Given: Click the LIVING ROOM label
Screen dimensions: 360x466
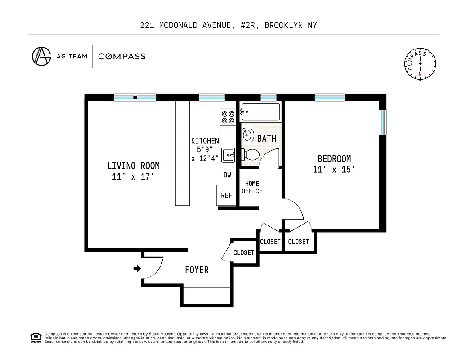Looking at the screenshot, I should tap(133, 166).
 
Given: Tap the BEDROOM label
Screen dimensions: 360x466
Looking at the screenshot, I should tap(334, 159).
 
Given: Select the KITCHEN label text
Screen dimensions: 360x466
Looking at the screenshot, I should tap(205, 141).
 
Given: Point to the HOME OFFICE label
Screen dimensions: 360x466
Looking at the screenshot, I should tap(252, 187).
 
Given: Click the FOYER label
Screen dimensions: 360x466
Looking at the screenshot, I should tap(197, 270).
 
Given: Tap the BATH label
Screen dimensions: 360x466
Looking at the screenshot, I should tap(267, 139).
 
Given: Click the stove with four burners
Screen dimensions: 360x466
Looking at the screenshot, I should tap(227, 117).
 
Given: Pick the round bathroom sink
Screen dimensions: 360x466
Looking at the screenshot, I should tap(247, 134).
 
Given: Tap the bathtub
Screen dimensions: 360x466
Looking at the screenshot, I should tap(260, 111).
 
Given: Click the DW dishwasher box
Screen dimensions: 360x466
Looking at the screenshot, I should tap(227, 175).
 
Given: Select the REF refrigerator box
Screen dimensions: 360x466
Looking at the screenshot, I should tap(226, 196).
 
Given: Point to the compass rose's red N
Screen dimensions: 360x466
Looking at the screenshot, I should tap(420, 74).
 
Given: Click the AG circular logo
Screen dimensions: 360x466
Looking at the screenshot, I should tap(41, 56).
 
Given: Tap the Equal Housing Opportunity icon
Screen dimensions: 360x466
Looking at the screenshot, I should tap(35, 337).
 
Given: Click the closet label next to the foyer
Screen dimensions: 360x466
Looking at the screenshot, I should tap(244, 252).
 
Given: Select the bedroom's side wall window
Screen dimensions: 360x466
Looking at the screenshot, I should tap(382, 122).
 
